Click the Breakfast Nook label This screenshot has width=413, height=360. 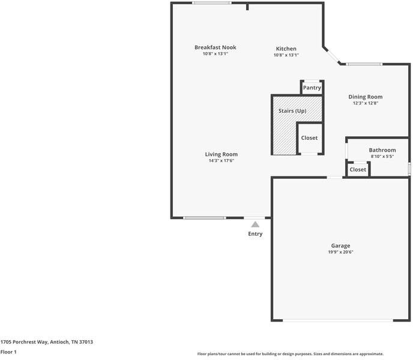click(x=215, y=47)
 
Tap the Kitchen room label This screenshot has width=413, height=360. click(x=286, y=49)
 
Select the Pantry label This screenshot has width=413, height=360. click(x=312, y=88)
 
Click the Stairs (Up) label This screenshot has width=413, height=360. click(x=292, y=111)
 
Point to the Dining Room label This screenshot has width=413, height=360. click(x=365, y=97)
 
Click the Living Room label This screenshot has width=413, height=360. click(x=222, y=154)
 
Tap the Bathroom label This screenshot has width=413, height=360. click(x=382, y=150)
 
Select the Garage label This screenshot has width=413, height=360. click(x=340, y=245)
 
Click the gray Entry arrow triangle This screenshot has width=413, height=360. click(x=255, y=224)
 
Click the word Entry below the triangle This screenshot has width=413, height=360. click(x=255, y=234)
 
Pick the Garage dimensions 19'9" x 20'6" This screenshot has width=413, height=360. click(x=340, y=252)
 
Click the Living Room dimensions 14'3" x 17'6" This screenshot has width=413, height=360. click(x=222, y=161)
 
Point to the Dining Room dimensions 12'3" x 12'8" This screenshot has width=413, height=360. click(x=365, y=103)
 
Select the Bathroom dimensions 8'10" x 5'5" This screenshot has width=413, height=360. click(x=382, y=156)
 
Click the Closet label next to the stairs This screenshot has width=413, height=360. click(x=309, y=138)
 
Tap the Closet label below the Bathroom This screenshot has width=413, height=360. click(x=358, y=170)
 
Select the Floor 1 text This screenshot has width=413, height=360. click(x=8, y=352)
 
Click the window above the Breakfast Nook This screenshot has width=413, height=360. click(x=211, y=3)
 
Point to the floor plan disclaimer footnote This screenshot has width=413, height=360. click(x=290, y=354)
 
